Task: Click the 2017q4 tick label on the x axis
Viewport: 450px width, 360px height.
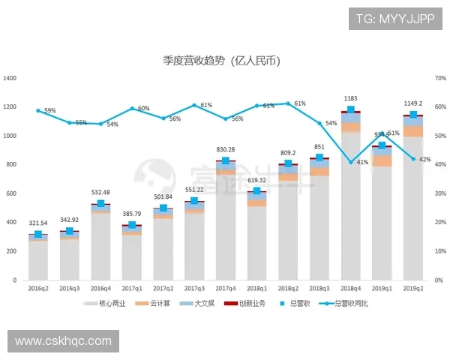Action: click(225, 287)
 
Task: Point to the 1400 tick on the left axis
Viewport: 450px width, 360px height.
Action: click(10, 78)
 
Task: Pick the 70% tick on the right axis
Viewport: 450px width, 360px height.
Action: click(439, 78)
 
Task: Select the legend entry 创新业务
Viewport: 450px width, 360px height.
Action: click(244, 304)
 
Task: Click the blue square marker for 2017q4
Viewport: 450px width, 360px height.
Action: click(225, 160)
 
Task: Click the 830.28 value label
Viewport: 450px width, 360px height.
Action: click(225, 149)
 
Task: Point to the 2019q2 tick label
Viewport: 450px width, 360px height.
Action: click(412, 287)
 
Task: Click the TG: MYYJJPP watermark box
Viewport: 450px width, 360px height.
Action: click(394, 18)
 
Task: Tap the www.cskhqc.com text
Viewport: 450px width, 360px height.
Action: click(63, 341)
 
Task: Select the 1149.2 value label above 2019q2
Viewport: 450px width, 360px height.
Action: click(413, 103)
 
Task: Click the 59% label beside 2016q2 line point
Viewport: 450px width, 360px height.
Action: click(50, 111)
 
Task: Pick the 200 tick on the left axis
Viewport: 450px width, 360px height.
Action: click(13, 251)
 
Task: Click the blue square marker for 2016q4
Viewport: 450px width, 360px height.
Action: click(100, 203)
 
